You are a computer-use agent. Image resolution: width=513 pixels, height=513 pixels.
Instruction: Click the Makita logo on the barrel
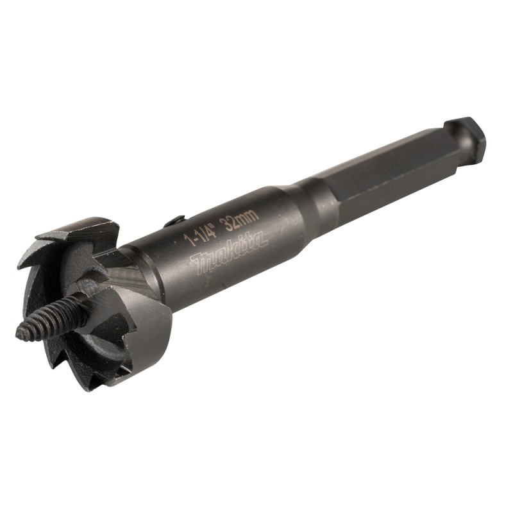(228, 253)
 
